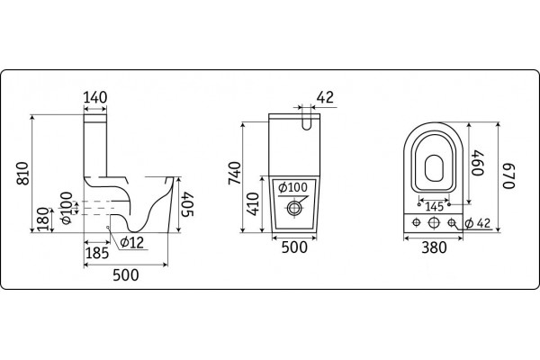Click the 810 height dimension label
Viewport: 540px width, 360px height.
tap(23, 174)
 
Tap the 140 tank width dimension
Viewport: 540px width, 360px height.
tap(95, 97)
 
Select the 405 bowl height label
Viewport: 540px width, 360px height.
tap(188, 204)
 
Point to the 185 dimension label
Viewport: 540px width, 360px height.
tap(97, 253)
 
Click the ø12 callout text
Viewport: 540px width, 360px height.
tap(132, 242)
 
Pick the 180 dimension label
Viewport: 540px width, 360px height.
tap(42, 219)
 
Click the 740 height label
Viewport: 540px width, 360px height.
tap(235, 173)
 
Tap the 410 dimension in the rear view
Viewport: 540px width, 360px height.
tap(253, 204)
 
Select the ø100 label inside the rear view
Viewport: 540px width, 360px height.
tap(292, 187)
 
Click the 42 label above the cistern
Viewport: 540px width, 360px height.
tap(325, 97)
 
